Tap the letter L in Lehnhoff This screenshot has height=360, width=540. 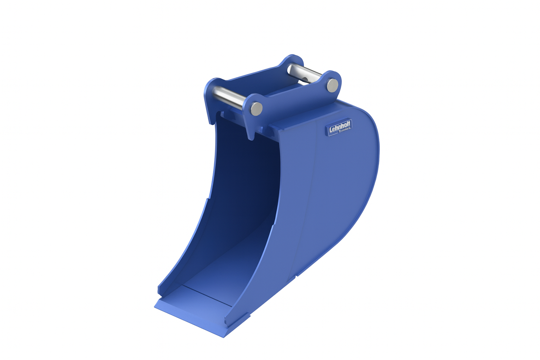click(331, 130)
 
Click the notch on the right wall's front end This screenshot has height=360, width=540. click(226, 321)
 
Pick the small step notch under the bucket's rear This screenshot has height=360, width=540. click(297, 276)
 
